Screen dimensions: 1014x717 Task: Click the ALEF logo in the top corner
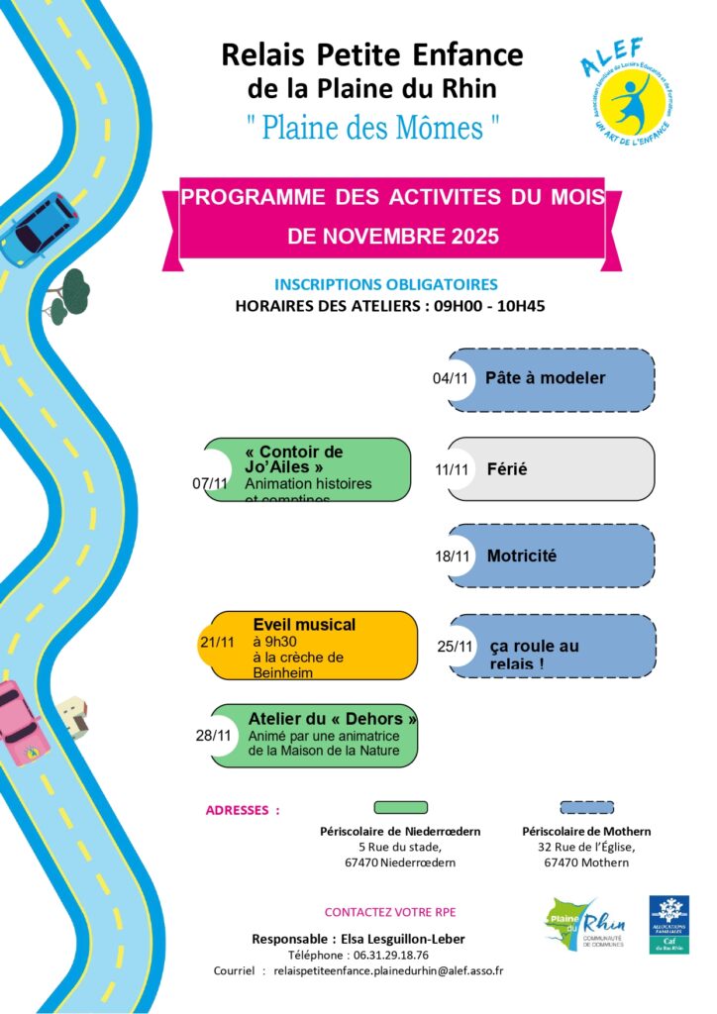click(x=626, y=91)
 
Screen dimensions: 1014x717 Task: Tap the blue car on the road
click(x=37, y=229)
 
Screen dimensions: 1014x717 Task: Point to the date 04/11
click(x=450, y=378)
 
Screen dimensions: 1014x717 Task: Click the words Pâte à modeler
click(x=545, y=378)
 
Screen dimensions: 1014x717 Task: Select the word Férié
click(x=507, y=468)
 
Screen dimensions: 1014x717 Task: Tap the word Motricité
click(x=521, y=556)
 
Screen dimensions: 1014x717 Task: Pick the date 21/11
click(x=217, y=642)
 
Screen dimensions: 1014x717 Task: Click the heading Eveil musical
click(x=304, y=625)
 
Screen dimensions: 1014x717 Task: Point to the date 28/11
click(x=213, y=735)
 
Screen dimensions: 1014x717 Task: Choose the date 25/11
click(x=454, y=647)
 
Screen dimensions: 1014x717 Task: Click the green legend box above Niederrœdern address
click(x=400, y=807)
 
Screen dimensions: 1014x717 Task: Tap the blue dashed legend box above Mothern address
click(x=586, y=807)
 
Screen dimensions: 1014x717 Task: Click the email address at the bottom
click(x=388, y=971)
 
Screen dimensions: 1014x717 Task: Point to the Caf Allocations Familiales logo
click(x=669, y=925)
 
